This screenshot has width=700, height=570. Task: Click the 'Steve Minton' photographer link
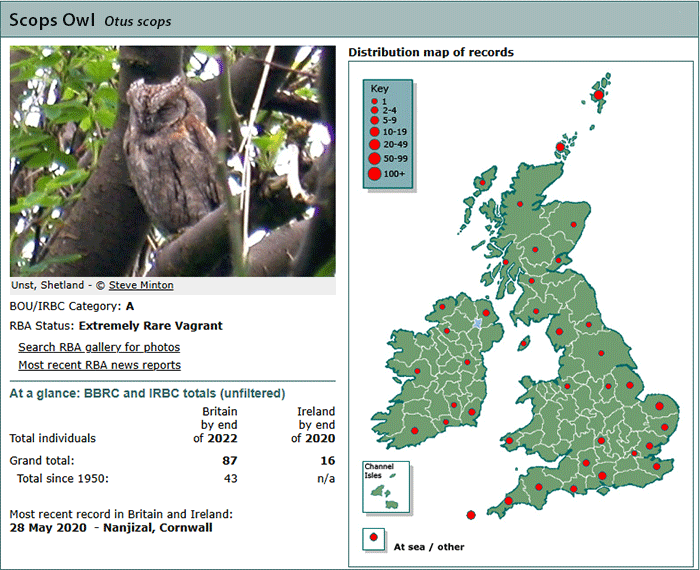pos(141,285)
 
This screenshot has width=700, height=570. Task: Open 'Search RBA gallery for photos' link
pos(99,347)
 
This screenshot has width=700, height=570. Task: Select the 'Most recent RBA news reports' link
pos(100,365)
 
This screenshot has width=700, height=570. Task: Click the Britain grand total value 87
pos(230,461)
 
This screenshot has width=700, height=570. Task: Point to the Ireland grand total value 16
pos(328,461)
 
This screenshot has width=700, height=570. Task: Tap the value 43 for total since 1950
pos(230,478)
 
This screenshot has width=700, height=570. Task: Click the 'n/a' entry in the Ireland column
pos(326,478)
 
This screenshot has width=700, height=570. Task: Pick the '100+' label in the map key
pos(394,174)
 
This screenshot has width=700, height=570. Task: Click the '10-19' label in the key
pos(395,132)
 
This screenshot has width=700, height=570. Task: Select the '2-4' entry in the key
pos(389,110)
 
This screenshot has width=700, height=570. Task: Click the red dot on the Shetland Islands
pos(599,95)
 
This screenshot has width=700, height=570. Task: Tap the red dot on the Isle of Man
pos(523,344)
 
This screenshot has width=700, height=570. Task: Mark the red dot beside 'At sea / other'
pos(374,537)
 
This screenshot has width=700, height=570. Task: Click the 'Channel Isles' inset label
pos(379,470)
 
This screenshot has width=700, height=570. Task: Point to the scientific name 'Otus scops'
pos(138,21)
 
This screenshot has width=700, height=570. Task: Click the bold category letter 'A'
pos(130,306)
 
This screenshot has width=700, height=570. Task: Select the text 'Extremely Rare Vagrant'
pos(150,326)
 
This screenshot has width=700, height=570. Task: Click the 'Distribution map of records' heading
pos(431,52)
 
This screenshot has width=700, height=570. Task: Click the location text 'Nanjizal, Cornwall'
pos(158,528)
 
